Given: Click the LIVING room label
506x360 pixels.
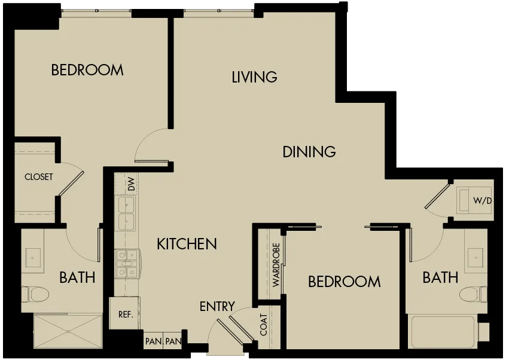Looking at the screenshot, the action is coord(254,77).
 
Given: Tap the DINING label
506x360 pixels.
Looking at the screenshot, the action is coord(309,152).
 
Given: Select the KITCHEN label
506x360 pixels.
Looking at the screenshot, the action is coord(187,244).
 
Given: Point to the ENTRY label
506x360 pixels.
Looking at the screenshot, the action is coord(217,306).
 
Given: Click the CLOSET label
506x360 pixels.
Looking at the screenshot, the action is coord(39,177).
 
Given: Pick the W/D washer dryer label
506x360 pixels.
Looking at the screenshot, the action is coord(483,201).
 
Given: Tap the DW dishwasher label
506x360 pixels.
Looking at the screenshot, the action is coord(131,184).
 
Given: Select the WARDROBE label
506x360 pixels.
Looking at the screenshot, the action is coord(276,265).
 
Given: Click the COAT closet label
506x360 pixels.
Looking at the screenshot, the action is coord(264,325).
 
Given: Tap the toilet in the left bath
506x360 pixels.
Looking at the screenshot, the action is coord(35,294).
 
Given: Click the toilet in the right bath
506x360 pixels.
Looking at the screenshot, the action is coord(473,294).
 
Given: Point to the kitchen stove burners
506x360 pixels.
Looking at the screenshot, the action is coord(127,263).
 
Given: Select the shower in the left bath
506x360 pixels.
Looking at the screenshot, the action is coord(68,331).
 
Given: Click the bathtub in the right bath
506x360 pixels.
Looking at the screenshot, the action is coord(443,332).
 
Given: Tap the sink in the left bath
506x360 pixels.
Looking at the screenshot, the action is coord(32,258).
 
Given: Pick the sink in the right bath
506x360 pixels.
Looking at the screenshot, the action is coord(475,258).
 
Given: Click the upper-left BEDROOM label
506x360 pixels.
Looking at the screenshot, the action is coord(87,70).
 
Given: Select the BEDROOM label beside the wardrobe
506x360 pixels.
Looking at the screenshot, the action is coord(345,282).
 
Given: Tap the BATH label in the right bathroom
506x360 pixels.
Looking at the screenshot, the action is coord(440,277).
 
